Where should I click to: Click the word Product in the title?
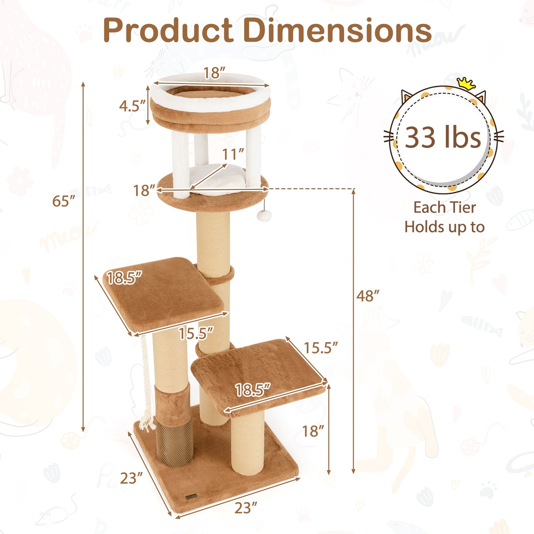point(168,30)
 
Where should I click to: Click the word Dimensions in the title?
point(337,30)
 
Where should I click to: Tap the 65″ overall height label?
point(64,201)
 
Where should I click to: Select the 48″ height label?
point(368,296)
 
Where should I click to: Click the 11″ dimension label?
point(233,154)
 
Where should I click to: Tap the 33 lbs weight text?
point(443,137)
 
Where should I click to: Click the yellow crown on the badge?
point(466,84)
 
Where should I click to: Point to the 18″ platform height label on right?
point(313,431)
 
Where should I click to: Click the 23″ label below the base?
point(245,508)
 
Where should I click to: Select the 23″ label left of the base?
point(131,479)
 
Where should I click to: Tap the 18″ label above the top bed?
point(214,73)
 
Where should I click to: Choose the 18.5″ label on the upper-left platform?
point(124,278)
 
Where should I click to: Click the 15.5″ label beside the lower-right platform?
point(320,348)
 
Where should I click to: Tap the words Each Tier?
point(444,208)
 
